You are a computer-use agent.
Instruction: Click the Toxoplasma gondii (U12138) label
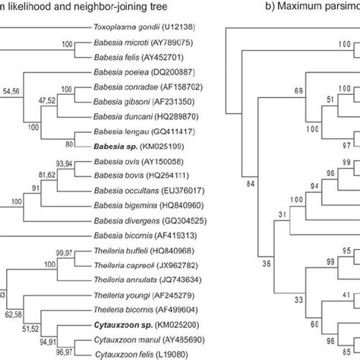coord(144,27)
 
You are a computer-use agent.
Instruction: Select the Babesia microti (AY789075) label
coord(142,44)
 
